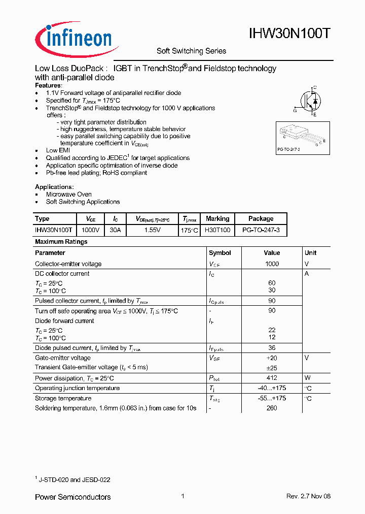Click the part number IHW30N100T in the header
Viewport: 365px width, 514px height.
290,34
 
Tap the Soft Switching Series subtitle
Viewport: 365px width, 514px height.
191,51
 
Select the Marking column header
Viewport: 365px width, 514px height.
217,219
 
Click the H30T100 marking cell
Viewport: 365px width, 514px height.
217,230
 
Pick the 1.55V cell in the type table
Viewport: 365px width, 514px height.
152,230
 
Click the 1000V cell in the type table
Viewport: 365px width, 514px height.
91,230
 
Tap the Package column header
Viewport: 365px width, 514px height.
261,219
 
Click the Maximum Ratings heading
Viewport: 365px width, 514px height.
61,242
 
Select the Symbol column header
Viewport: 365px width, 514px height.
220,253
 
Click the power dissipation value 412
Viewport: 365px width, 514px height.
272,378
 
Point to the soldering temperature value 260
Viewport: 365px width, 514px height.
272,408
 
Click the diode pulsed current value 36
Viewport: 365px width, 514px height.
272,348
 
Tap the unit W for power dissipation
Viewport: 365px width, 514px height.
307,378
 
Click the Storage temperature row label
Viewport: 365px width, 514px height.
63,399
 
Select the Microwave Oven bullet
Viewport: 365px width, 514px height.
68,195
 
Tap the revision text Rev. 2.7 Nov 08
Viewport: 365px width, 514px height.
308,497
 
